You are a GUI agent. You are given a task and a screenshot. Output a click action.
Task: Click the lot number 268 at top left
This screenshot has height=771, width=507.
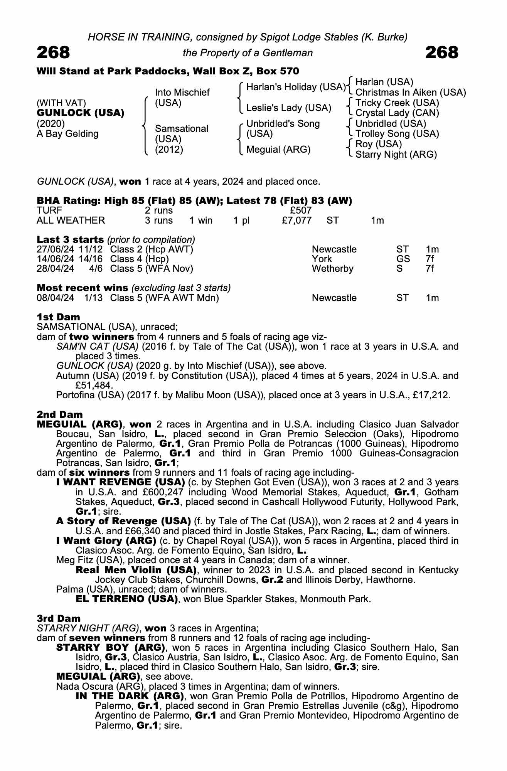pos(54,52)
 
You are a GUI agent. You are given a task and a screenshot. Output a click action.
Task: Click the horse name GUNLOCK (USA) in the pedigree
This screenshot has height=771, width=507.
pos(80,113)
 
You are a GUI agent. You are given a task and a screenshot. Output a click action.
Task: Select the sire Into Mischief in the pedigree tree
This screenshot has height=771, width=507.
pos(182,93)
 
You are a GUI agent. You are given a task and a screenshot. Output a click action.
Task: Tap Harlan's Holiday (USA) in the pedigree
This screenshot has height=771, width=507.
pos(296,87)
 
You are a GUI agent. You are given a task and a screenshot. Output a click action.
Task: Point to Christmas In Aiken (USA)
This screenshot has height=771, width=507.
pos(410,93)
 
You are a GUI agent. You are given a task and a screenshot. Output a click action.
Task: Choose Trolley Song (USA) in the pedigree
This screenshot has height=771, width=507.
pos(397,134)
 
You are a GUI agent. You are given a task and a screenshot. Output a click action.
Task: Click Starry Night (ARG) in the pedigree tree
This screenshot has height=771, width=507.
pos(396,155)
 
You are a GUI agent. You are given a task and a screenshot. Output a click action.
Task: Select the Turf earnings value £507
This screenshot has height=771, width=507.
pos(300,210)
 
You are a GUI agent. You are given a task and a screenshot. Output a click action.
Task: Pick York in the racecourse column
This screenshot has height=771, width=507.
pos(322,259)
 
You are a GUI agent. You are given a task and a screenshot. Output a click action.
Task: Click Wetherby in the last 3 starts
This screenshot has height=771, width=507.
pos(332,269)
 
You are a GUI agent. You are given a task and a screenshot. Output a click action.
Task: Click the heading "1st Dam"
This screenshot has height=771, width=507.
pos(58,317)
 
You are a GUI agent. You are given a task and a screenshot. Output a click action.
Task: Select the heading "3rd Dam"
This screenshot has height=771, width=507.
pos(59,618)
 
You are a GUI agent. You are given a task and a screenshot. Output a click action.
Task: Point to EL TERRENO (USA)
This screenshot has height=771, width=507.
pos(127,599)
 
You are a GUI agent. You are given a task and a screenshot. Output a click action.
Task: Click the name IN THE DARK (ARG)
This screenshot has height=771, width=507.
pos(130,696)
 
